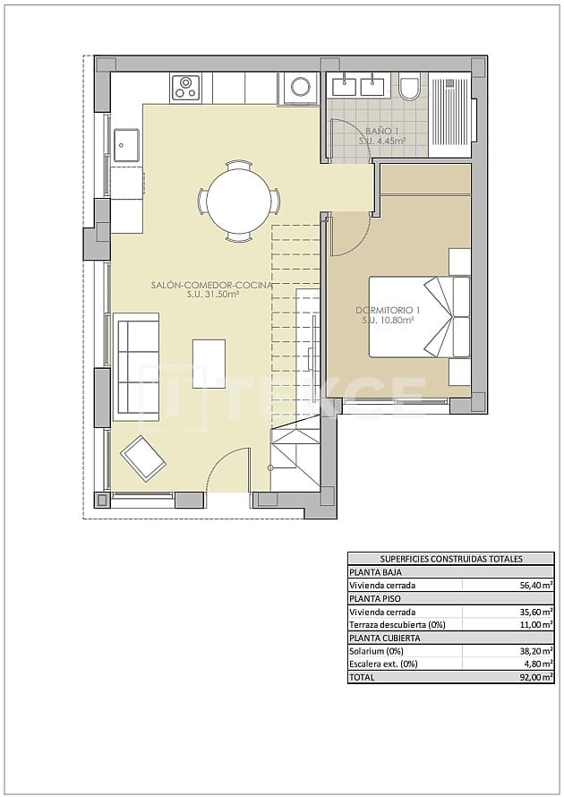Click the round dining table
click(237, 201)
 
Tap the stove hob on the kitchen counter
click(186, 87)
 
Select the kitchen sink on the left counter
click(125, 143)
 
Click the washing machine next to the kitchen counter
click(299, 88)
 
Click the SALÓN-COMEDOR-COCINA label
click(211, 285)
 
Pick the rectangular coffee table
click(209, 363)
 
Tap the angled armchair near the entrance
click(143, 458)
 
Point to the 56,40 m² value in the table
click(534, 585)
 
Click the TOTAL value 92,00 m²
click(534, 678)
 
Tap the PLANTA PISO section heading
click(373, 598)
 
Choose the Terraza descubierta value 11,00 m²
click(534, 624)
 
